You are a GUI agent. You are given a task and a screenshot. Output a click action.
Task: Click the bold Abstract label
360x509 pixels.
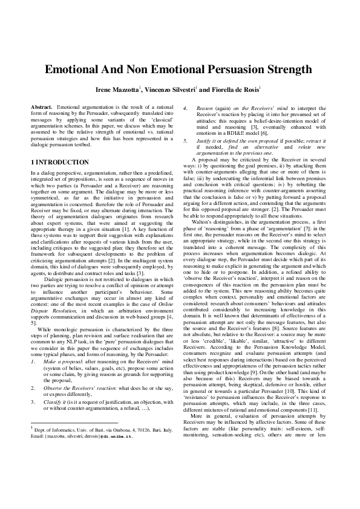41,106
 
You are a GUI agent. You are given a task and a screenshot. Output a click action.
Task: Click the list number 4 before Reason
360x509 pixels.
185,106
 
